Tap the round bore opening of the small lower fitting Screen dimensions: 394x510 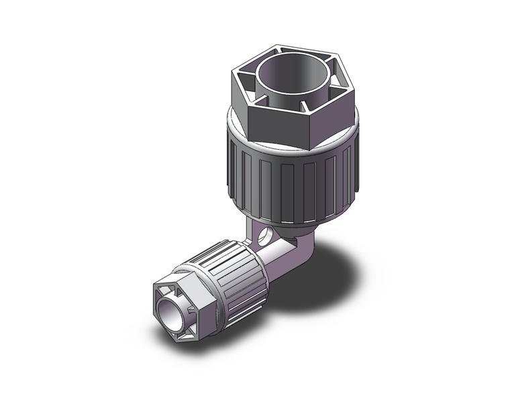(170, 311)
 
